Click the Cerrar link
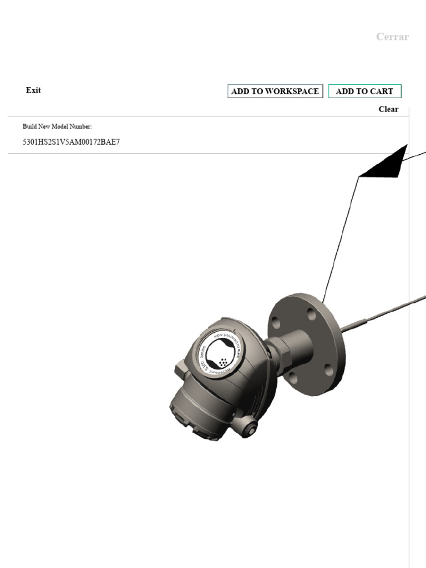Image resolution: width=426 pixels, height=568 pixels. tap(392, 37)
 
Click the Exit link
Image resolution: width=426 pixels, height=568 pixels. tap(33, 90)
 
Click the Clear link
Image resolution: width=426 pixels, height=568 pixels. tap(388, 109)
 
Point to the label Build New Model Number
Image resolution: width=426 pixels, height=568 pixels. tap(53, 126)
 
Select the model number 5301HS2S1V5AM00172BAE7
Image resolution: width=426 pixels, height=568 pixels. tap(71, 142)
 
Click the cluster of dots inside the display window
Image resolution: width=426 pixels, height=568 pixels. tap(224, 362)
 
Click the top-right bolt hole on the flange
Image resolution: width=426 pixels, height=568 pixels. tap(312, 315)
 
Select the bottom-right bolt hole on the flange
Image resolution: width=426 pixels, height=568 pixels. tap(328, 370)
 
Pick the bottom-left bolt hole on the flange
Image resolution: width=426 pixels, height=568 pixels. tap(292, 378)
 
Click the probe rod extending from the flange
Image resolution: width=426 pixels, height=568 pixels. tap(383, 314)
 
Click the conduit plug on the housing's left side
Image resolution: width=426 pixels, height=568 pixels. tap(180, 369)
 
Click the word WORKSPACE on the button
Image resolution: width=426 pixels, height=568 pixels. tap(292, 92)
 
